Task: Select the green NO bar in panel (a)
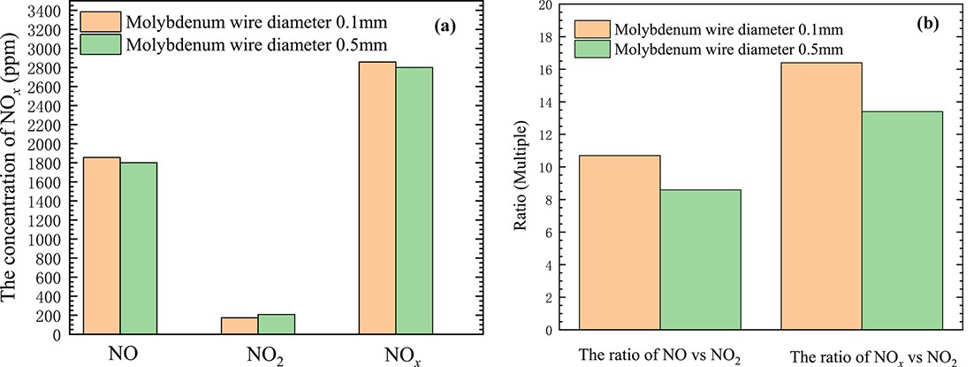pos(139,248)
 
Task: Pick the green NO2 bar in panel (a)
pos(276,325)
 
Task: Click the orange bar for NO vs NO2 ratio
pos(619,242)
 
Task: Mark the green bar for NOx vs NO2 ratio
pos(902,220)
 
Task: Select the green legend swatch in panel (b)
pos(596,48)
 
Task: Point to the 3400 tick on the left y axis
pos(42,11)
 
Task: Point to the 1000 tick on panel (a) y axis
pos(42,240)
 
